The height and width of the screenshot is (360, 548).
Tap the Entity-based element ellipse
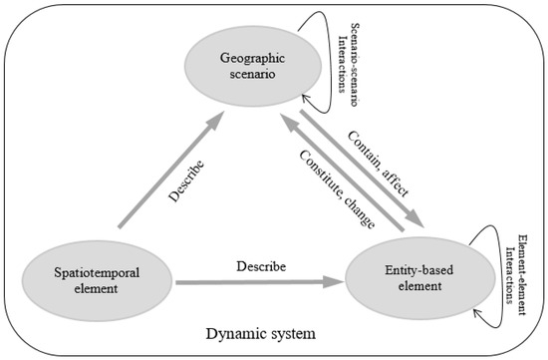(409, 278)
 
